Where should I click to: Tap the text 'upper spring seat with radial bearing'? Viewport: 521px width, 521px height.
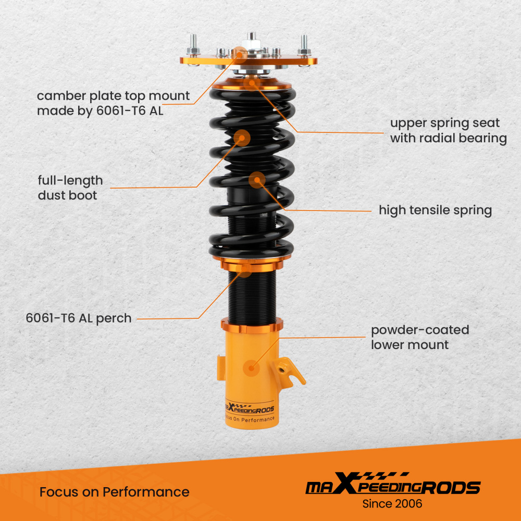pos(448,131)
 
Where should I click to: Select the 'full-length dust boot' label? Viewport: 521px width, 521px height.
pos(70,188)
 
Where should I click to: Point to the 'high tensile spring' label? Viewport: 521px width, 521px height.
pos(435,210)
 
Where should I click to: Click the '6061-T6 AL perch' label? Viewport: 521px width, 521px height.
pos(79,318)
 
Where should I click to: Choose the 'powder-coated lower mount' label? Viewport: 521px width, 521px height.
pos(420,337)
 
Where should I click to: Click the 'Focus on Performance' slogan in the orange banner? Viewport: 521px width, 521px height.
pos(115,492)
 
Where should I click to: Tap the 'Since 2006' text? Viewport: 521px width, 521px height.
pos(392,504)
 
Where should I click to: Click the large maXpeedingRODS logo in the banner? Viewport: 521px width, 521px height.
pos(392,487)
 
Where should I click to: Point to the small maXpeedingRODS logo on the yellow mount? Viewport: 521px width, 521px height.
pos(249,409)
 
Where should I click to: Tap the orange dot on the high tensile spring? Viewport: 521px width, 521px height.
pos(257,181)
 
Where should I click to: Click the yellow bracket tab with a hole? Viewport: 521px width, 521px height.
pos(288,369)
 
